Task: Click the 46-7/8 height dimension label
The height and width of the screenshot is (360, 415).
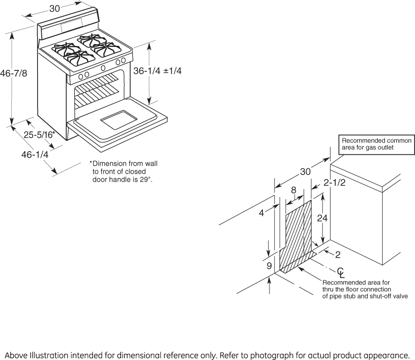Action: click(x=14, y=73)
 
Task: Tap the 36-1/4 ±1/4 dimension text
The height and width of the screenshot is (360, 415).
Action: click(x=157, y=71)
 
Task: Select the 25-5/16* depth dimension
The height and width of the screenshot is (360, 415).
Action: click(x=39, y=135)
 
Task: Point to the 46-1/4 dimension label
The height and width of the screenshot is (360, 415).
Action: click(x=35, y=154)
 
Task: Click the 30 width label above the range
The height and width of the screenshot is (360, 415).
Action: click(x=55, y=9)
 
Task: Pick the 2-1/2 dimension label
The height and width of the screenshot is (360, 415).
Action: click(x=335, y=183)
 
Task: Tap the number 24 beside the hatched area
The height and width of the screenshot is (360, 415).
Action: click(x=323, y=218)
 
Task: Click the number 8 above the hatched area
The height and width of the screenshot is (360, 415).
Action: click(x=293, y=190)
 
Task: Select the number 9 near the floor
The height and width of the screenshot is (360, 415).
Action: click(x=269, y=266)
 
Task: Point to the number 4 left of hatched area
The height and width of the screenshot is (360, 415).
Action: click(x=261, y=213)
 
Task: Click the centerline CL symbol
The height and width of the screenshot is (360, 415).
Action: click(x=341, y=273)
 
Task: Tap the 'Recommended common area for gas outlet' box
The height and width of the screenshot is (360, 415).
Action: click(x=377, y=145)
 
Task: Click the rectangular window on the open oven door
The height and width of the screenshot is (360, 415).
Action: click(x=119, y=120)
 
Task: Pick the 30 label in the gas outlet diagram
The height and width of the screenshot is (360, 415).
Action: click(x=305, y=172)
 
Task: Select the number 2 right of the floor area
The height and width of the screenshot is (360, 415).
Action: click(x=338, y=255)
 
